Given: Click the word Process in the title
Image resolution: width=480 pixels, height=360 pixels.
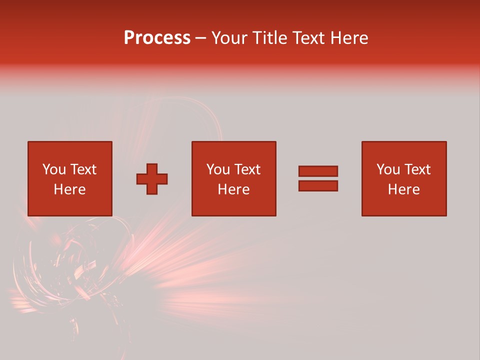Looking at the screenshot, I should click(157, 38).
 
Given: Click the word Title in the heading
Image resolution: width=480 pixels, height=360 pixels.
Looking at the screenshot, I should click(269, 38).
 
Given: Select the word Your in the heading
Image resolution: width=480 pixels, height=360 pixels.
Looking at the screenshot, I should click(230, 38).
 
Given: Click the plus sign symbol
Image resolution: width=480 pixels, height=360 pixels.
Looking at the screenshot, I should click(152, 179).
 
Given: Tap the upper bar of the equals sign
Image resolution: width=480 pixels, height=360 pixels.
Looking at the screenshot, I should click(318, 171).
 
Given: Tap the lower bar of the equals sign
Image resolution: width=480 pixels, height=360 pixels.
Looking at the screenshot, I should click(318, 186).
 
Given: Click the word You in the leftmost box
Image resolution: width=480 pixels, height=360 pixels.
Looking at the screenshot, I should click(54, 169).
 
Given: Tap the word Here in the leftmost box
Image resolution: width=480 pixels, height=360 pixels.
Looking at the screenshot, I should click(69, 189).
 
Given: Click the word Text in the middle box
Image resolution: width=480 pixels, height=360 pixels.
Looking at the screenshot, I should click(247, 169).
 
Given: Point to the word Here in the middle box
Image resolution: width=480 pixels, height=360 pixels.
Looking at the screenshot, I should click(234, 189).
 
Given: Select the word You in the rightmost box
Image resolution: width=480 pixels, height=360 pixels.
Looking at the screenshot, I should click(388, 169).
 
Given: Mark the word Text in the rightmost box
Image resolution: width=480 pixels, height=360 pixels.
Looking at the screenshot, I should click(417, 169).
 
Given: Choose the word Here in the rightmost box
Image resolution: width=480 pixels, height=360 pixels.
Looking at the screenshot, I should click(404, 189).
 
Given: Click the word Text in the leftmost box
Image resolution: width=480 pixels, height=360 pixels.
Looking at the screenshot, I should click(83, 169).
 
